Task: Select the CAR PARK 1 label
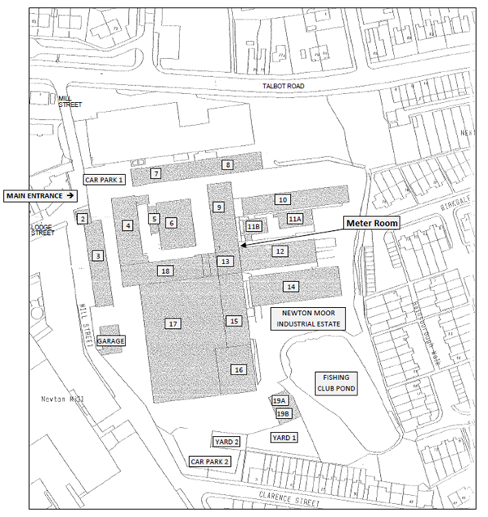tap(105, 180)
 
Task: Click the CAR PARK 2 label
tap(210, 460)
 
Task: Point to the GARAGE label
tap(111, 341)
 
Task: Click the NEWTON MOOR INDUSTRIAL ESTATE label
tap(308, 318)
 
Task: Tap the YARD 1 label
tap(284, 438)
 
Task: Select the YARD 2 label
tap(226, 442)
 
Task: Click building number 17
tap(173, 323)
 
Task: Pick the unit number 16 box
tap(238, 370)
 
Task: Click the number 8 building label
tap(229, 165)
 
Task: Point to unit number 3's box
tap(97, 256)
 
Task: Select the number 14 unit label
tap(290, 286)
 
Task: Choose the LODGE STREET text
tap(41, 229)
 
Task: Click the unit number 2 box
tap(83, 218)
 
